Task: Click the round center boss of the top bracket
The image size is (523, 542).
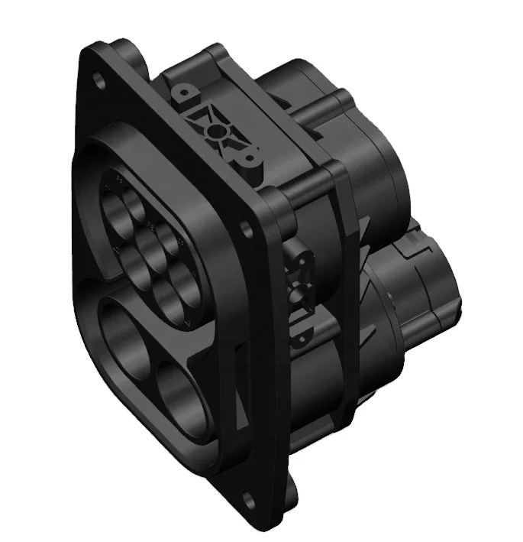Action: coord(219,131)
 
